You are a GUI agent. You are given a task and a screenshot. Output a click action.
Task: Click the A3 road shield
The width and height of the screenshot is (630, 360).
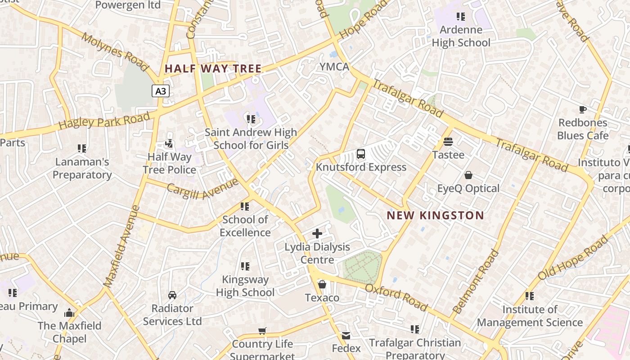pyautogui.click(x=160, y=91)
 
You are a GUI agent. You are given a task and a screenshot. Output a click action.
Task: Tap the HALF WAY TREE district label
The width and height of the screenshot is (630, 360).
pyautogui.click(x=213, y=69)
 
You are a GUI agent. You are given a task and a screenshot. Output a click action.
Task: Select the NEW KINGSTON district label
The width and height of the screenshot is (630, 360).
pyautogui.click(x=435, y=216)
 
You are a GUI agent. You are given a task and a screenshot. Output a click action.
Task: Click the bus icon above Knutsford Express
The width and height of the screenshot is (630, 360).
pyautogui.click(x=361, y=154)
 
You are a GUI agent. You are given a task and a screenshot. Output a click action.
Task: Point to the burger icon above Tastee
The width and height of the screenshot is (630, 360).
pyautogui.click(x=448, y=142)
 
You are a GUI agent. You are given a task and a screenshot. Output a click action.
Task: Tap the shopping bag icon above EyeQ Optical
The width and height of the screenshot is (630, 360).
pyautogui.click(x=468, y=175)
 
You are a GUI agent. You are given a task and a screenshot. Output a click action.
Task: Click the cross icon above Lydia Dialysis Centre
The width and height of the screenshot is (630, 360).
pyautogui.click(x=317, y=234)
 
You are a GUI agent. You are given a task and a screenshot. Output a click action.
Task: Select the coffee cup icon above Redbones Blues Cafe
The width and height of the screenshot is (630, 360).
pyautogui.click(x=583, y=109)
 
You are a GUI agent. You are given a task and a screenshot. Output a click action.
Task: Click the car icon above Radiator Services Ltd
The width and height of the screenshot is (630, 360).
pyautogui.click(x=172, y=295)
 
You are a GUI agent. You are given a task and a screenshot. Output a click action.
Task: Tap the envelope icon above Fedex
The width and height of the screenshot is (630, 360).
pyautogui.click(x=346, y=335)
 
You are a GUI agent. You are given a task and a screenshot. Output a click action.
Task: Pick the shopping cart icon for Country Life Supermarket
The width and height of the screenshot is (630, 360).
pyautogui.click(x=262, y=331)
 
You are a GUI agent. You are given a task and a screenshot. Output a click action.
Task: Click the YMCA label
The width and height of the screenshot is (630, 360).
pyautogui.click(x=334, y=67)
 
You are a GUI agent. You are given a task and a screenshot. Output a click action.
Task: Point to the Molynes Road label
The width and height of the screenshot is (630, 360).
pyautogui.click(x=114, y=51)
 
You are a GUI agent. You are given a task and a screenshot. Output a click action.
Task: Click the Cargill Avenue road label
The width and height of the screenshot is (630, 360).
pyautogui.click(x=202, y=189)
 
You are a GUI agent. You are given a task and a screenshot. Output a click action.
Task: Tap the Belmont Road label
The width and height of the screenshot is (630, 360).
pyautogui.click(x=476, y=282)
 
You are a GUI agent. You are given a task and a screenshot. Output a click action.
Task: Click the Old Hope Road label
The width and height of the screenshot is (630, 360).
pyautogui.click(x=572, y=258)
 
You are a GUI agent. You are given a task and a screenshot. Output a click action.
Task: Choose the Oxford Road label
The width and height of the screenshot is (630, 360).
pyautogui.click(x=396, y=297)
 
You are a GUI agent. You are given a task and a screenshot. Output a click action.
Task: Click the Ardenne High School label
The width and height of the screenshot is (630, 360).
pyautogui.click(x=461, y=36)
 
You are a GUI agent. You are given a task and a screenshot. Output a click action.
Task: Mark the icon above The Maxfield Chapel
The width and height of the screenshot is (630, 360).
pyautogui.click(x=69, y=313)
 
